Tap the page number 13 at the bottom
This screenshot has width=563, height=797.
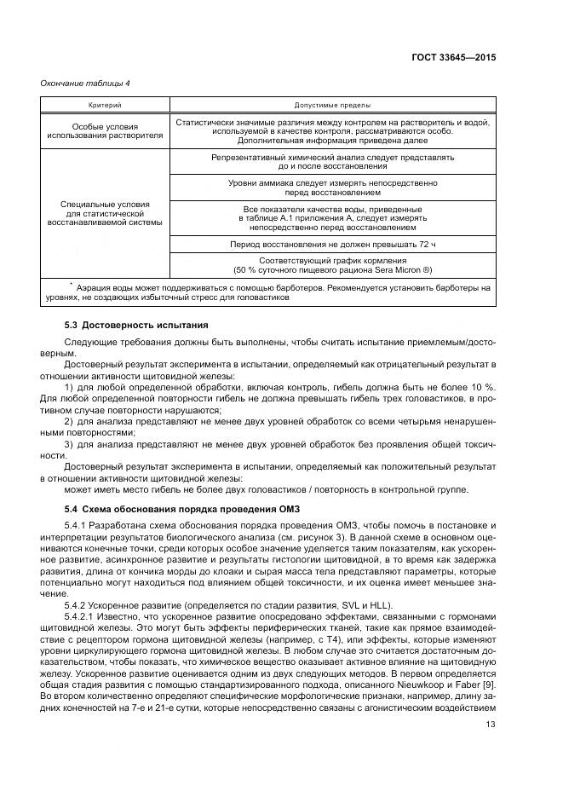click(490, 725)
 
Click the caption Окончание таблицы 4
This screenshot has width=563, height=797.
click(85, 83)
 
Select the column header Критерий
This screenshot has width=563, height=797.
click(105, 105)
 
